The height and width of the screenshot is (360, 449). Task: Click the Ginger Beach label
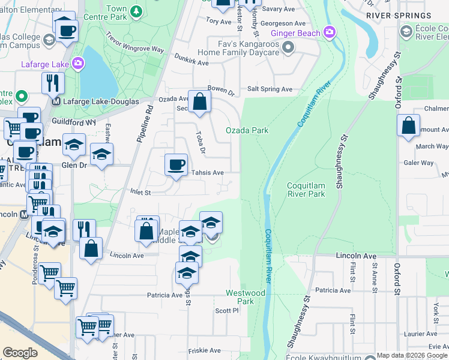(295, 33)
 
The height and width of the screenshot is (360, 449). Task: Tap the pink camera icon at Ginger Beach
(329, 31)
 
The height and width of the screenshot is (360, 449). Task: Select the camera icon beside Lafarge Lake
(78, 62)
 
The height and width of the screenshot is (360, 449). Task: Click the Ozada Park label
(247, 130)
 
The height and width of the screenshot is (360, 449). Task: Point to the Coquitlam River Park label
(306, 190)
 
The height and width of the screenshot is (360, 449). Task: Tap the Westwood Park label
(246, 297)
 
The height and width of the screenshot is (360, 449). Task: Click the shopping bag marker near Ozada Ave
(199, 102)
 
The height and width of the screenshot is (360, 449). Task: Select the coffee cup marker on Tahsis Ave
(176, 165)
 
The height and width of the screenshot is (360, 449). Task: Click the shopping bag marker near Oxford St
(408, 127)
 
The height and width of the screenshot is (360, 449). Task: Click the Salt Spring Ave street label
(270, 89)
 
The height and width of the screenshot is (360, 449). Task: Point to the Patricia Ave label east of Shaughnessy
(333, 290)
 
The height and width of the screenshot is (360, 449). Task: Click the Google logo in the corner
(20, 353)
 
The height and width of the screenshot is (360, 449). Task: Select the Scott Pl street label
(227, 311)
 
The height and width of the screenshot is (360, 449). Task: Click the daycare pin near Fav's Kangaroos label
(289, 47)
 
